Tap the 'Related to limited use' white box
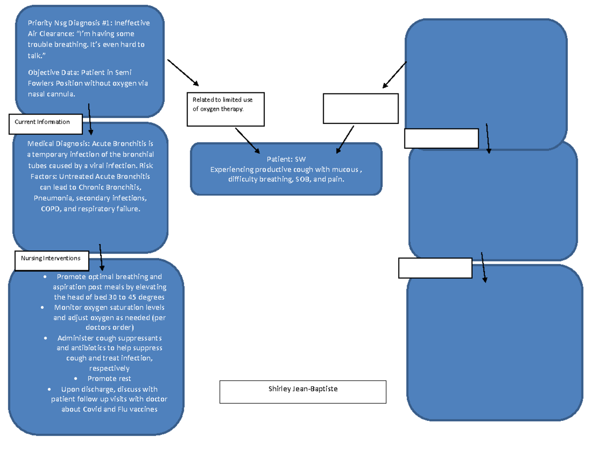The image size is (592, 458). point(226,108)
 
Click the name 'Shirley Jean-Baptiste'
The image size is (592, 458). point(303,389)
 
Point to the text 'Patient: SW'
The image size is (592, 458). point(286,160)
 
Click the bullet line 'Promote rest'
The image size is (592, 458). point(109,378)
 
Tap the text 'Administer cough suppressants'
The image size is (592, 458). point(109,338)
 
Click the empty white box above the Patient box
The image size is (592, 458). point(361,108)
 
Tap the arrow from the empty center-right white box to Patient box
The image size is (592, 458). point(345,139)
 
